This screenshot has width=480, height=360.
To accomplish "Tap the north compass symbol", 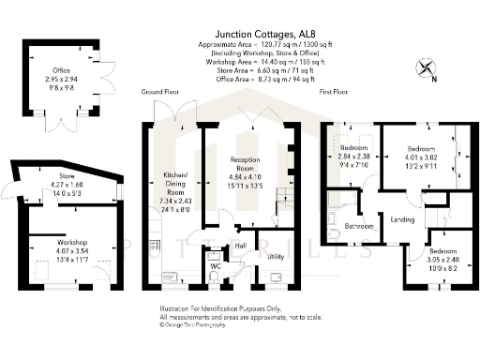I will pos(427,68).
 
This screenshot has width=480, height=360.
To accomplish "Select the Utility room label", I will pos(276,255).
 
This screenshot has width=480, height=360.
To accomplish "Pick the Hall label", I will pos(240,246).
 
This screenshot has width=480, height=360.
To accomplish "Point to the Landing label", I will pos(402,221).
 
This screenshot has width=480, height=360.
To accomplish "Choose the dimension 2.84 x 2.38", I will pos(352,157).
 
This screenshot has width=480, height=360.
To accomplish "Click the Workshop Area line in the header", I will pos(259,59).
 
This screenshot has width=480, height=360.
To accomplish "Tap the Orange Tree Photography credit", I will pos(195,328).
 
